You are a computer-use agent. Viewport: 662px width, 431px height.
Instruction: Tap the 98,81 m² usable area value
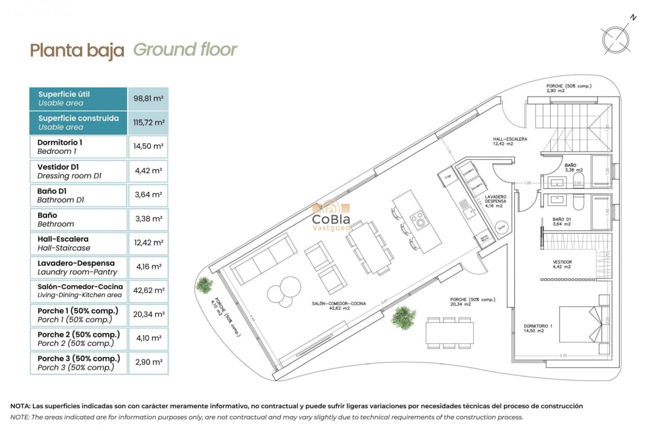click(148, 99)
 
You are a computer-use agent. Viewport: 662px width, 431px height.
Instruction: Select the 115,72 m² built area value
click(148, 123)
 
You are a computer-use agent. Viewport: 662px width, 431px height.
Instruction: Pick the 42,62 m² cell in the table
click(148, 291)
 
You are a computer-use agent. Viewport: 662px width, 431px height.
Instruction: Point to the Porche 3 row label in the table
click(79, 363)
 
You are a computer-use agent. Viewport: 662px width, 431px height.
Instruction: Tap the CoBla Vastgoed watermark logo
click(331, 216)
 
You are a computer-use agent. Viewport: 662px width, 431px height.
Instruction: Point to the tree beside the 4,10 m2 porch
click(204, 285)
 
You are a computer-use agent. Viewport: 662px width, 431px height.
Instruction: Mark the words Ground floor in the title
click(185, 50)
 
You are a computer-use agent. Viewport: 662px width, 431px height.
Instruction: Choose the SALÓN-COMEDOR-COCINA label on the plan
click(339, 306)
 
